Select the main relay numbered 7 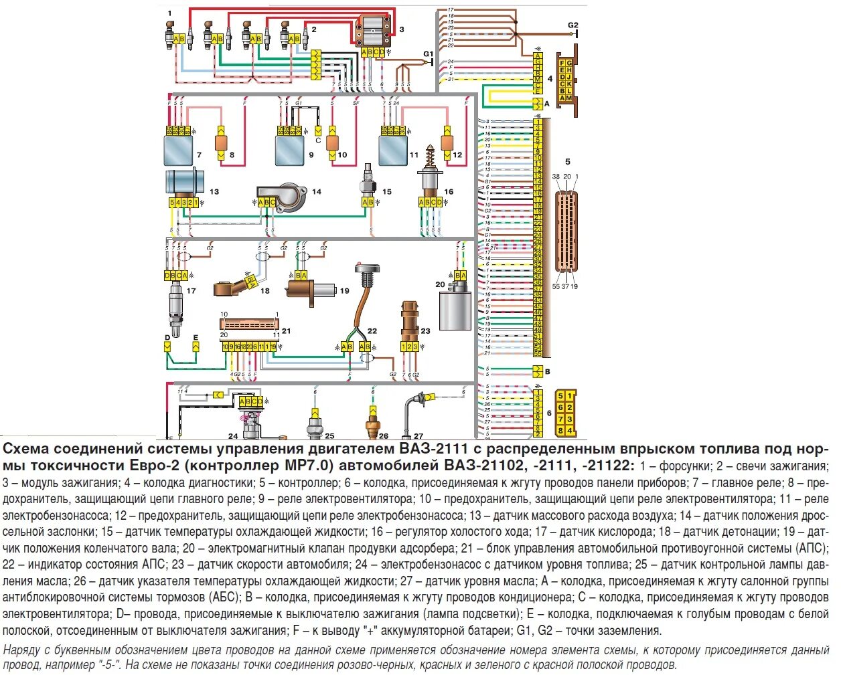pyautogui.click(x=178, y=151)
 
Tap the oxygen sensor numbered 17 pyautogui.click(x=175, y=304)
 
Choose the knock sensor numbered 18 pyautogui.click(x=231, y=288)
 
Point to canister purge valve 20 pyautogui.click(x=455, y=308)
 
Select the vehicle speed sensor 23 pyautogui.click(x=409, y=321)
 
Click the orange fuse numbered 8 pyautogui.click(x=221, y=142)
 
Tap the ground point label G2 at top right pyautogui.click(x=572, y=25)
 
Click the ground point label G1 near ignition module pyautogui.click(x=428, y=54)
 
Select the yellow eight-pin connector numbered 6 pyautogui.click(x=566, y=413)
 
